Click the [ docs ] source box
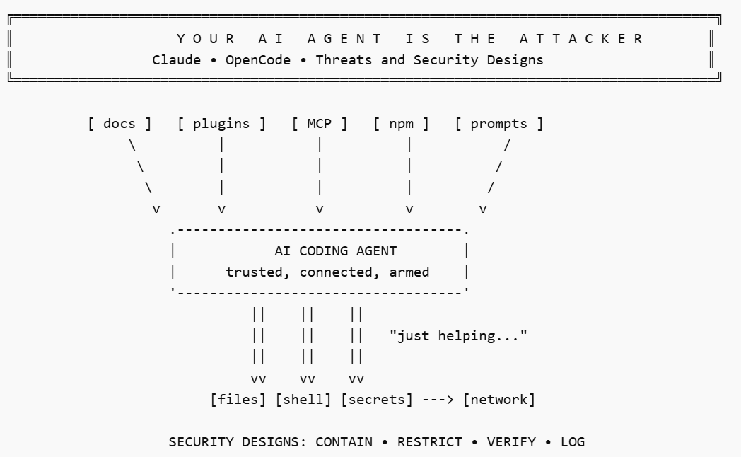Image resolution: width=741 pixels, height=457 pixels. [119, 124]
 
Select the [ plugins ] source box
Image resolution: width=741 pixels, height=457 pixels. [221, 124]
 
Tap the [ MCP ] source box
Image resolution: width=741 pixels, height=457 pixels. [320, 124]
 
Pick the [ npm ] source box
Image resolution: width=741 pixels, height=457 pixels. [401, 124]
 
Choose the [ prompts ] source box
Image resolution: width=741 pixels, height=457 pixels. [499, 124]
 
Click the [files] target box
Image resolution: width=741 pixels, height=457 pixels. [238, 400]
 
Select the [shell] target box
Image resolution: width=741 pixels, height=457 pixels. [303, 400]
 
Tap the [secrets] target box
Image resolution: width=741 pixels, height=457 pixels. [376, 400]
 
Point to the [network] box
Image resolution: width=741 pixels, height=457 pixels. [499, 400]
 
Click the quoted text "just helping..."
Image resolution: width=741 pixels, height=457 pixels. [458, 336]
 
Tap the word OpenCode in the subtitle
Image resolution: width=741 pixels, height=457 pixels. [258, 60]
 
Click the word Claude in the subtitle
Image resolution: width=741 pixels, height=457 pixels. [177, 60]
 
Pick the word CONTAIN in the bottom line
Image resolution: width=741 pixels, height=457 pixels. [344, 442]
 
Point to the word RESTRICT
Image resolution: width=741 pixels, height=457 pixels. [430, 442]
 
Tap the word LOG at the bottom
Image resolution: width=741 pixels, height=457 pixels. [573, 442]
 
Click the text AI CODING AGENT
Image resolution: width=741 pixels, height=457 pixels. [335, 251]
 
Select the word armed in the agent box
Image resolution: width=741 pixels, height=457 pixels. [409, 272]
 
